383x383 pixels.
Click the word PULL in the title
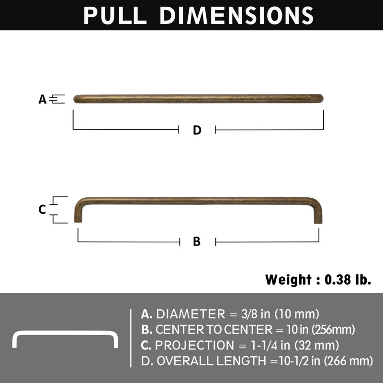click(x=115, y=15)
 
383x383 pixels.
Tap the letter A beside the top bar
click(x=43, y=100)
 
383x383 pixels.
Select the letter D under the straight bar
click(x=197, y=130)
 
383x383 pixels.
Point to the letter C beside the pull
click(x=42, y=210)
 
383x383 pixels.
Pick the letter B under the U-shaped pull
click(x=197, y=242)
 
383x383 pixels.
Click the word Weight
click(x=288, y=279)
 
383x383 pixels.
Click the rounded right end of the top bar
click(x=319, y=99)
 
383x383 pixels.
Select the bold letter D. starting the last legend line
click(x=146, y=360)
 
